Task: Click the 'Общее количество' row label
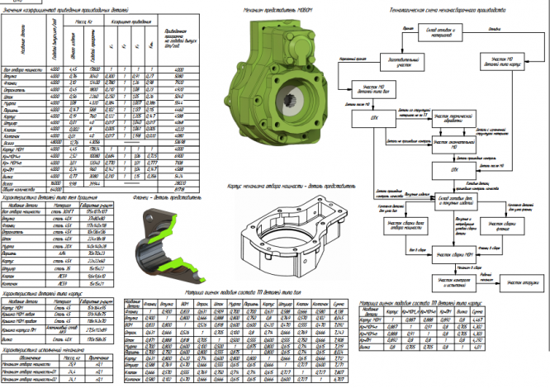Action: coord(20,188)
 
